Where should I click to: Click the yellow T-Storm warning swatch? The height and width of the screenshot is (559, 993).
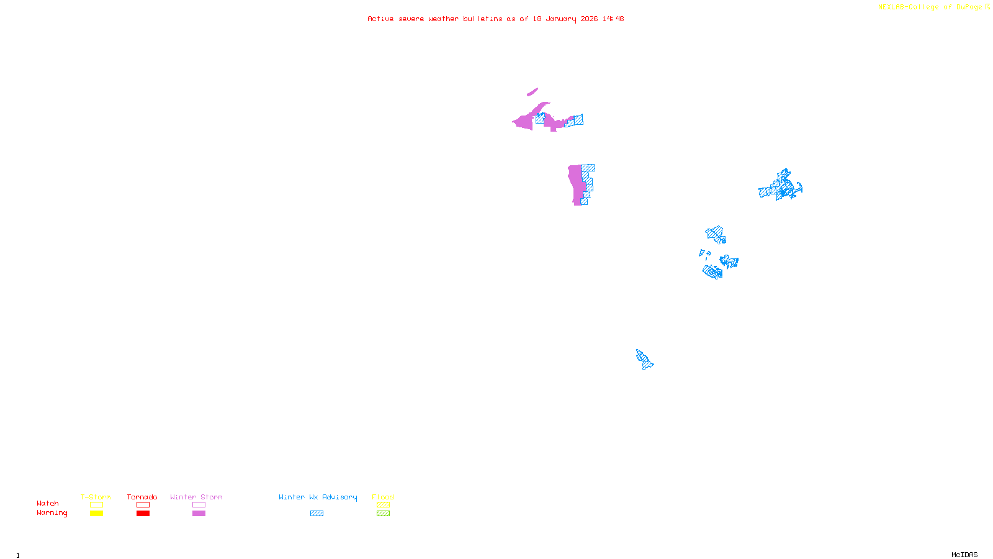[x=96, y=514]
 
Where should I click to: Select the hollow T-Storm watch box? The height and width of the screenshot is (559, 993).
[x=96, y=505]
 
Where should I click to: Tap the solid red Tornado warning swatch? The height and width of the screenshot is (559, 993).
[x=143, y=514]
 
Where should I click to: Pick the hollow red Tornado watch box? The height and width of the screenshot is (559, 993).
[x=143, y=505]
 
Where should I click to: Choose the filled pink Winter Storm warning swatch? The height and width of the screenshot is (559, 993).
[x=199, y=514]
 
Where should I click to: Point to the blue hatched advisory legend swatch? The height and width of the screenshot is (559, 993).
[x=317, y=514]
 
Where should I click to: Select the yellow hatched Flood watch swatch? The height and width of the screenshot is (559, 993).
[x=383, y=505]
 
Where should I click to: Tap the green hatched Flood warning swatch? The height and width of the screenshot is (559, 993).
[x=383, y=514]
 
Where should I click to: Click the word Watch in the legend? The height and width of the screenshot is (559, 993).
[x=48, y=504]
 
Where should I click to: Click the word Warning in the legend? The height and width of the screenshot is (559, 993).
[x=52, y=513]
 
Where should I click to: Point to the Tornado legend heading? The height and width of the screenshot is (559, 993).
[x=142, y=497]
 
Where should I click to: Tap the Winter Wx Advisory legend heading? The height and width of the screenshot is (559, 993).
[x=318, y=497]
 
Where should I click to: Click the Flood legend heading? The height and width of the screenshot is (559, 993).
[x=383, y=497]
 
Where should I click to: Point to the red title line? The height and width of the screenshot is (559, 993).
[x=495, y=19]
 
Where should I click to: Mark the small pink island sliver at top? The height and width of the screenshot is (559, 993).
[x=532, y=92]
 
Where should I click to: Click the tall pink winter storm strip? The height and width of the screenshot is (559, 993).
[x=577, y=184]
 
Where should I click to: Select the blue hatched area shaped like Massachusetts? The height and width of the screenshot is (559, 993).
[x=781, y=187]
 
